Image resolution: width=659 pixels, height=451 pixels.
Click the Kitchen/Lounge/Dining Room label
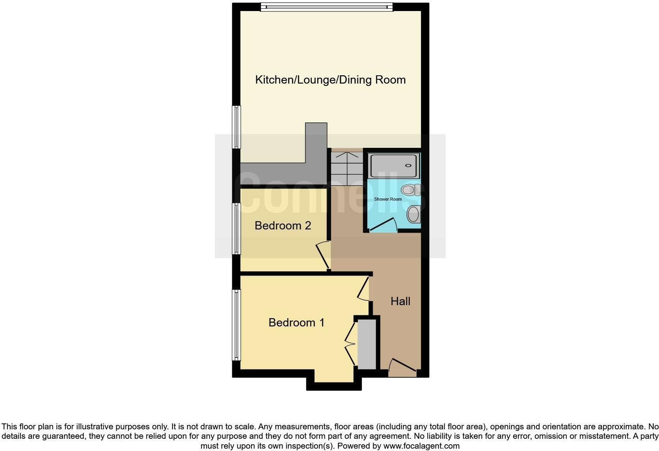coord(330,80)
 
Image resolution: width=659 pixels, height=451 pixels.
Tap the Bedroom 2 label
coord(283,225)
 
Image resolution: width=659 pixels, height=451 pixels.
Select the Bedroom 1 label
coord(296,322)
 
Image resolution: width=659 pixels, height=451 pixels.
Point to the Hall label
coord(400,301)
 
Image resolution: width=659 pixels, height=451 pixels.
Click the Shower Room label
coord(388,199)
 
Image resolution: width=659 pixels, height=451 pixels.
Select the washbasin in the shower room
coord(413,214)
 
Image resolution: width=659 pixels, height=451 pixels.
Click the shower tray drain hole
coord(408,165)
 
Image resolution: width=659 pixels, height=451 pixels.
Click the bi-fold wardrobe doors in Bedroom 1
coord(350,344)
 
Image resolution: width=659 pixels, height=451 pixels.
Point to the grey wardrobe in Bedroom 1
coord(367,344)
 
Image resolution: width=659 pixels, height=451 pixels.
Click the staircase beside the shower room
coord(347,169)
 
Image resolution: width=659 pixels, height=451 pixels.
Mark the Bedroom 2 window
coord(236,229)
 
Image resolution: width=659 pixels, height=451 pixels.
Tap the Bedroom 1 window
coord(236,325)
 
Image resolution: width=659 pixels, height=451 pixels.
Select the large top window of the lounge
coord(327,7)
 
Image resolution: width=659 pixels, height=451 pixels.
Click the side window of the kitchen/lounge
coord(236,127)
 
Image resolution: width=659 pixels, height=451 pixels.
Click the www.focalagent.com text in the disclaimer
coord(422,446)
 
